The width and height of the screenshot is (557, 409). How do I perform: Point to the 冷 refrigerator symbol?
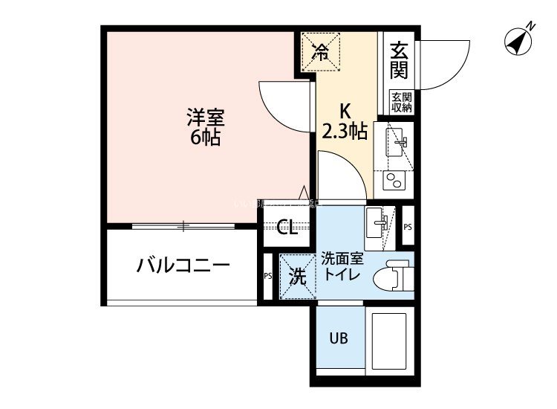pos(320,51)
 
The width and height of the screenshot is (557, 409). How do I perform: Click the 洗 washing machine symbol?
pos(297,277)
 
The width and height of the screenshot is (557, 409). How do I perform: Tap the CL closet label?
pos(287,228)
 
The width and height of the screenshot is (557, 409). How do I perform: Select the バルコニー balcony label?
pos(183,265)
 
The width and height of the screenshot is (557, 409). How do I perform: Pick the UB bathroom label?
pos(339,338)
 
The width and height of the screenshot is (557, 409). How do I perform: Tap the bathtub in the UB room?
pos(388,343)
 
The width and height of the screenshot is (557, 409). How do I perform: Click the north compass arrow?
pos(518,40)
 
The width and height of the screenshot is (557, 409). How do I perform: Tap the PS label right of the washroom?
pos(408,227)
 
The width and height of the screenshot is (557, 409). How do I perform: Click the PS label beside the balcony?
pos(267,275)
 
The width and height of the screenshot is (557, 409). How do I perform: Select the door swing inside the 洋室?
pos(285,104)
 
